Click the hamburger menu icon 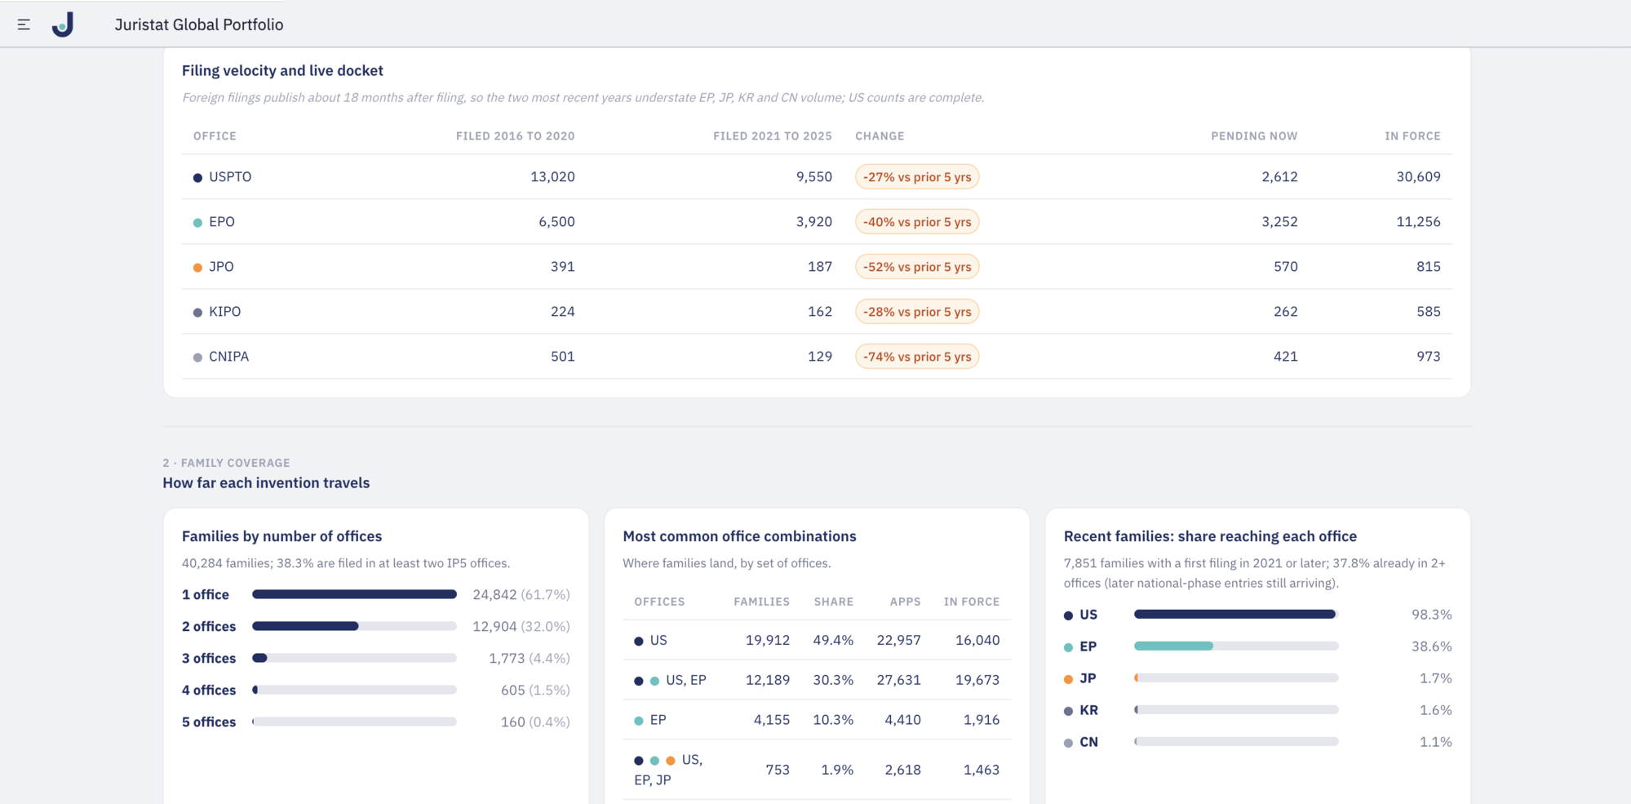pyautogui.click(x=24, y=24)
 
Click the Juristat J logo pyautogui.click(x=63, y=24)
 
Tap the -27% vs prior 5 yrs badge pyautogui.click(x=917, y=177)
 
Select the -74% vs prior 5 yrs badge pyautogui.click(x=917, y=357)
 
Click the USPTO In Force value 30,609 pyautogui.click(x=1418, y=177)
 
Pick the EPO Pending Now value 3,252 pyautogui.click(x=1279, y=222)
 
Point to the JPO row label pyautogui.click(x=221, y=267)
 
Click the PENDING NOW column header pyautogui.click(x=1254, y=136)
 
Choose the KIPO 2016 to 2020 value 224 pyautogui.click(x=562, y=312)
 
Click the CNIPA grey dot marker pyautogui.click(x=197, y=358)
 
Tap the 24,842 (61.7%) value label pyautogui.click(x=521, y=594)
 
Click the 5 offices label pyautogui.click(x=209, y=722)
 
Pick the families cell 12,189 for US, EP pyautogui.click(x=768, y=680)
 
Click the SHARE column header pyautogui.click(x=833, y=602)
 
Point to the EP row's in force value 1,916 pyautogui.click(x=982, y=720)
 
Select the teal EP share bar pyautogui.click(x=1173, y=646)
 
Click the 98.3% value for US pyautogui.click(x=1432, y=615)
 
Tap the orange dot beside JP pyautogui.click(x=1068, y=679)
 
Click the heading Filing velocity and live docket pyautogui.click(x=282, y=71)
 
